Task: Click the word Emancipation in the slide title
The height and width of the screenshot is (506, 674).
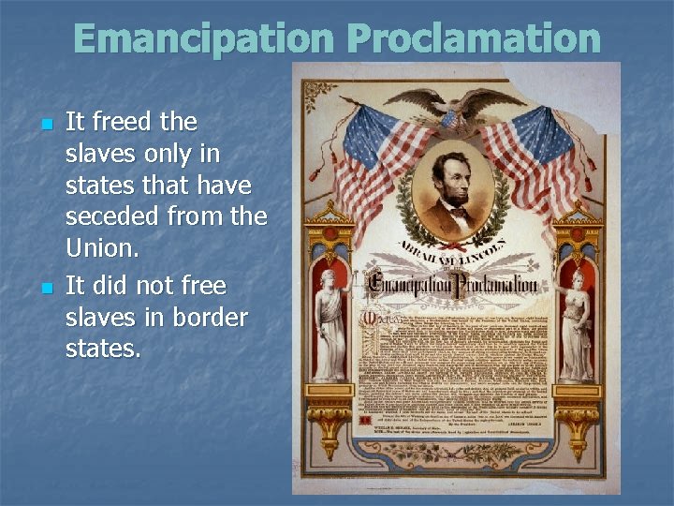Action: coord(202,38)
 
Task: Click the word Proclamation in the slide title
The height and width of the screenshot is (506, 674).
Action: coord(473,38)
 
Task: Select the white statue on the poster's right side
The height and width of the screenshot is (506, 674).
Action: coord(576,323)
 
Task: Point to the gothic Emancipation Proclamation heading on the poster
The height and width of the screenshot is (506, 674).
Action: coord(454,285)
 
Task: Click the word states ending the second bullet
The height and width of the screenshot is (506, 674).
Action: coord(103,350)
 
